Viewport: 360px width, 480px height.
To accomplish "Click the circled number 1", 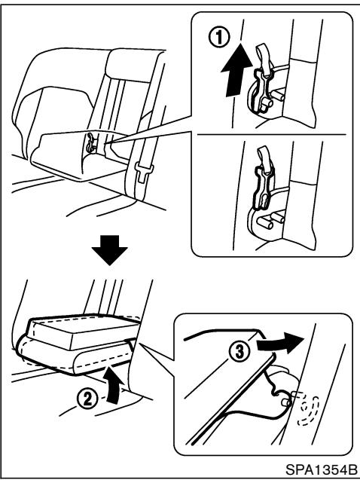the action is pos(218,38).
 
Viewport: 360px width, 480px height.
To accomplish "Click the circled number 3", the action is pos(239,351).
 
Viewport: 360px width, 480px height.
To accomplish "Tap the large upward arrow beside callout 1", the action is pos(236,70).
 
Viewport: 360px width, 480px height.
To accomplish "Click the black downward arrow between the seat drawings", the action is pos(109,249).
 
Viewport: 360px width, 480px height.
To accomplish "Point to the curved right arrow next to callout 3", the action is pos(280,343).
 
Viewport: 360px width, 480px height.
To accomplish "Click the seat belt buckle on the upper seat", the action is pos(143,173).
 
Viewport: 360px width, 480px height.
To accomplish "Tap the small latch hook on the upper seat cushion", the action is pos(90,143).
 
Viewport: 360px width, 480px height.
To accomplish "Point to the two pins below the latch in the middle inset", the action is pos(270,221).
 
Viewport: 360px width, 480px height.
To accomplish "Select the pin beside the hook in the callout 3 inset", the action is pos(286,402).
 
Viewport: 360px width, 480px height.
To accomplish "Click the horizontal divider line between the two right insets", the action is pos(272,134).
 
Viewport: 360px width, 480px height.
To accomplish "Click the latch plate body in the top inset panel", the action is pos(261,89).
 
